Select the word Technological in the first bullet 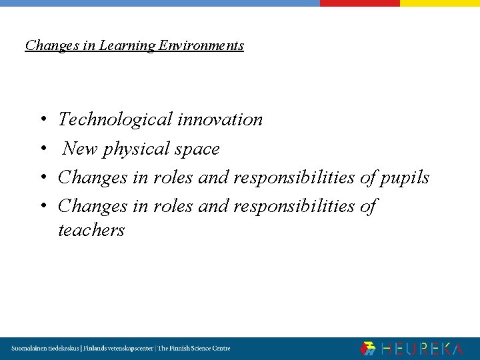(x=115, y=120)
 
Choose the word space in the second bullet (x=196, y=149)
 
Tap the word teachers (x=91, y=231)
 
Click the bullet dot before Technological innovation (x=41, y=121)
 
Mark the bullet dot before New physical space (x=41, y=149)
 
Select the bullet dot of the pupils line (x=41, y=178)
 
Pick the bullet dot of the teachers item (x=41, y=207)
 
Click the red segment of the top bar (x=359, y=3)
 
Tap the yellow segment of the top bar (x=439, y=3)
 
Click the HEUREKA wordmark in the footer (x=422, y=349)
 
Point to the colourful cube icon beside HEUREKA (x=368, y=349)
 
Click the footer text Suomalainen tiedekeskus (x=45, y=349)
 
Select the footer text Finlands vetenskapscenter (x=117, y=349)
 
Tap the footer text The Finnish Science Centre (x=193, y=349)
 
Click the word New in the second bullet (x=79, y=149)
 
